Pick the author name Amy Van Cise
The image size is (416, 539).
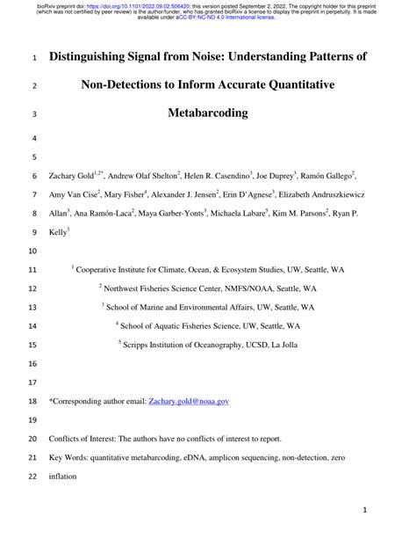point(73,194)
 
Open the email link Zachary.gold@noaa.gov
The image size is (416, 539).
point(189,400)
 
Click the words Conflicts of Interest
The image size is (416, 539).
point(82,438)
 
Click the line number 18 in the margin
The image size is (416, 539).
point(32,400)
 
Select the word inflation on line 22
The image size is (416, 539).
point(64,477)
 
